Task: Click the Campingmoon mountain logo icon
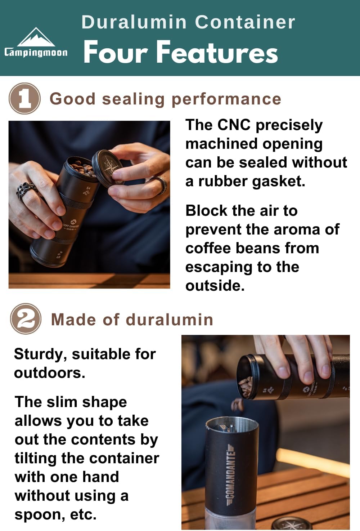[36, 37]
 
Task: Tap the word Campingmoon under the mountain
[36, 53]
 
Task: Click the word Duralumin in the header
[134, 22]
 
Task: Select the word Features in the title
[217, 52]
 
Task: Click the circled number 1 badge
[24, 98]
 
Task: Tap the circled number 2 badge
[26, 319]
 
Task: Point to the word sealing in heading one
[133, 99]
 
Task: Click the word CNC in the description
[234, 125]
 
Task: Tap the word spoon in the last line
[40, 515]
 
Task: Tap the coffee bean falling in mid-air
[237, 404]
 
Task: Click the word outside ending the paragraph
[215, 286]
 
